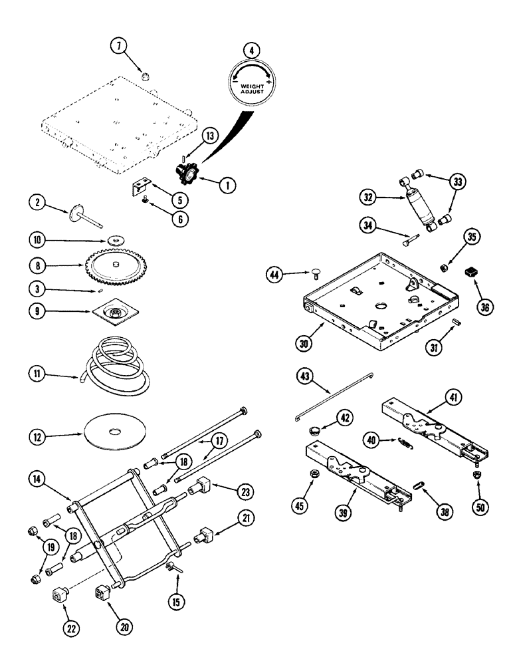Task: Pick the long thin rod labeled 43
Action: (332, 397)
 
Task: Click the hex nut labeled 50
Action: (476, 474)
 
